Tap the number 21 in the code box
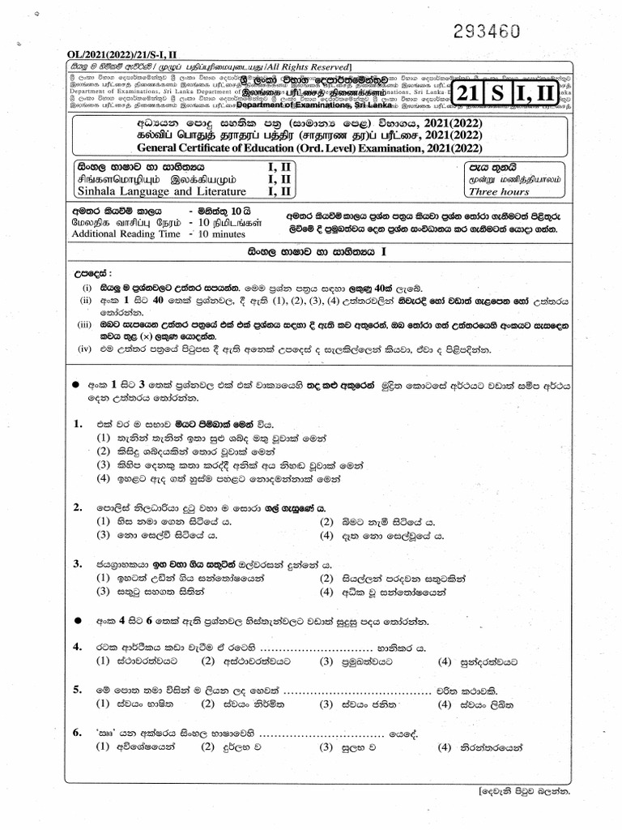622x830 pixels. tap(474, 95)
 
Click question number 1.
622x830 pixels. tap(78, 423)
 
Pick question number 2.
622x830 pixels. tap(78, 507)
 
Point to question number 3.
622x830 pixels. tap(78, 563)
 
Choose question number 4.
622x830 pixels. tap(78, 646)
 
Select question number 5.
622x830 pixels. tap(78, 690)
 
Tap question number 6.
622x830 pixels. tap(78, 733)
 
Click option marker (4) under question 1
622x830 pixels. tap(103, 478)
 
